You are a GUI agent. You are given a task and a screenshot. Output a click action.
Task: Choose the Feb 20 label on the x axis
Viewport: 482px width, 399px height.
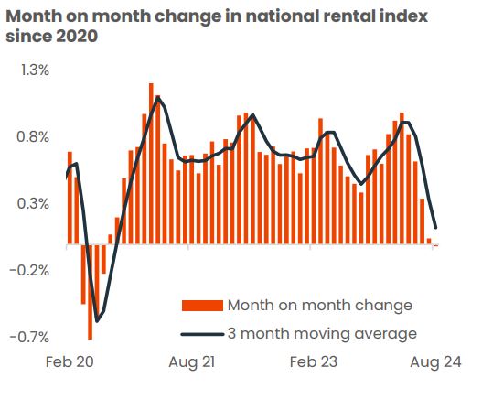tap(70, 362)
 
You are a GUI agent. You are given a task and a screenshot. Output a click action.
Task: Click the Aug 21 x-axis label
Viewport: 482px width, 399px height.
tap(191, 362)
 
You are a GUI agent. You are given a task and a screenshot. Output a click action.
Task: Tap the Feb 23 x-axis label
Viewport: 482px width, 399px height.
tap(314, 362)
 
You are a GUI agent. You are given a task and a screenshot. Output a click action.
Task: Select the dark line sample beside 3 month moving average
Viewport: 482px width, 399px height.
tap(202, 333)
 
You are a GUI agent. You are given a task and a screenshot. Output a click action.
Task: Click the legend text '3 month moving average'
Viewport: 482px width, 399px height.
tap(322, 333)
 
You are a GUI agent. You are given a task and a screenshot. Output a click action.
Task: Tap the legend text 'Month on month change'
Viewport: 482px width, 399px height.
tap(319, 305)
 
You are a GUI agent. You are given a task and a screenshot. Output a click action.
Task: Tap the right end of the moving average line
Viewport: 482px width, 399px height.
tap(436, 228)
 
